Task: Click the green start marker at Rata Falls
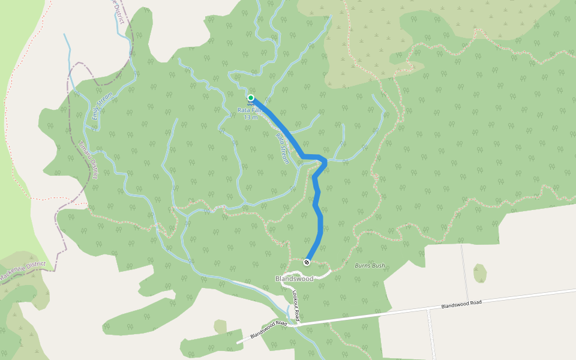(251, 98)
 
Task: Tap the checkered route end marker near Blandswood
(307, 262)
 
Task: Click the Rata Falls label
(250, 110)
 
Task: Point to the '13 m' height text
(251, 117)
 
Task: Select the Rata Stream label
(283, 147)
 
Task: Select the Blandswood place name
(294, 279)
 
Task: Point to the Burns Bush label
(370, 265)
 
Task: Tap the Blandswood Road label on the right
(461, 304)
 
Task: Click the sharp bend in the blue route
(325, 160)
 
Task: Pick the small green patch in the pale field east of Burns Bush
(479, 273)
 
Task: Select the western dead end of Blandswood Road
(238, 342)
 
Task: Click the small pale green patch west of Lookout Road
(220, 326)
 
